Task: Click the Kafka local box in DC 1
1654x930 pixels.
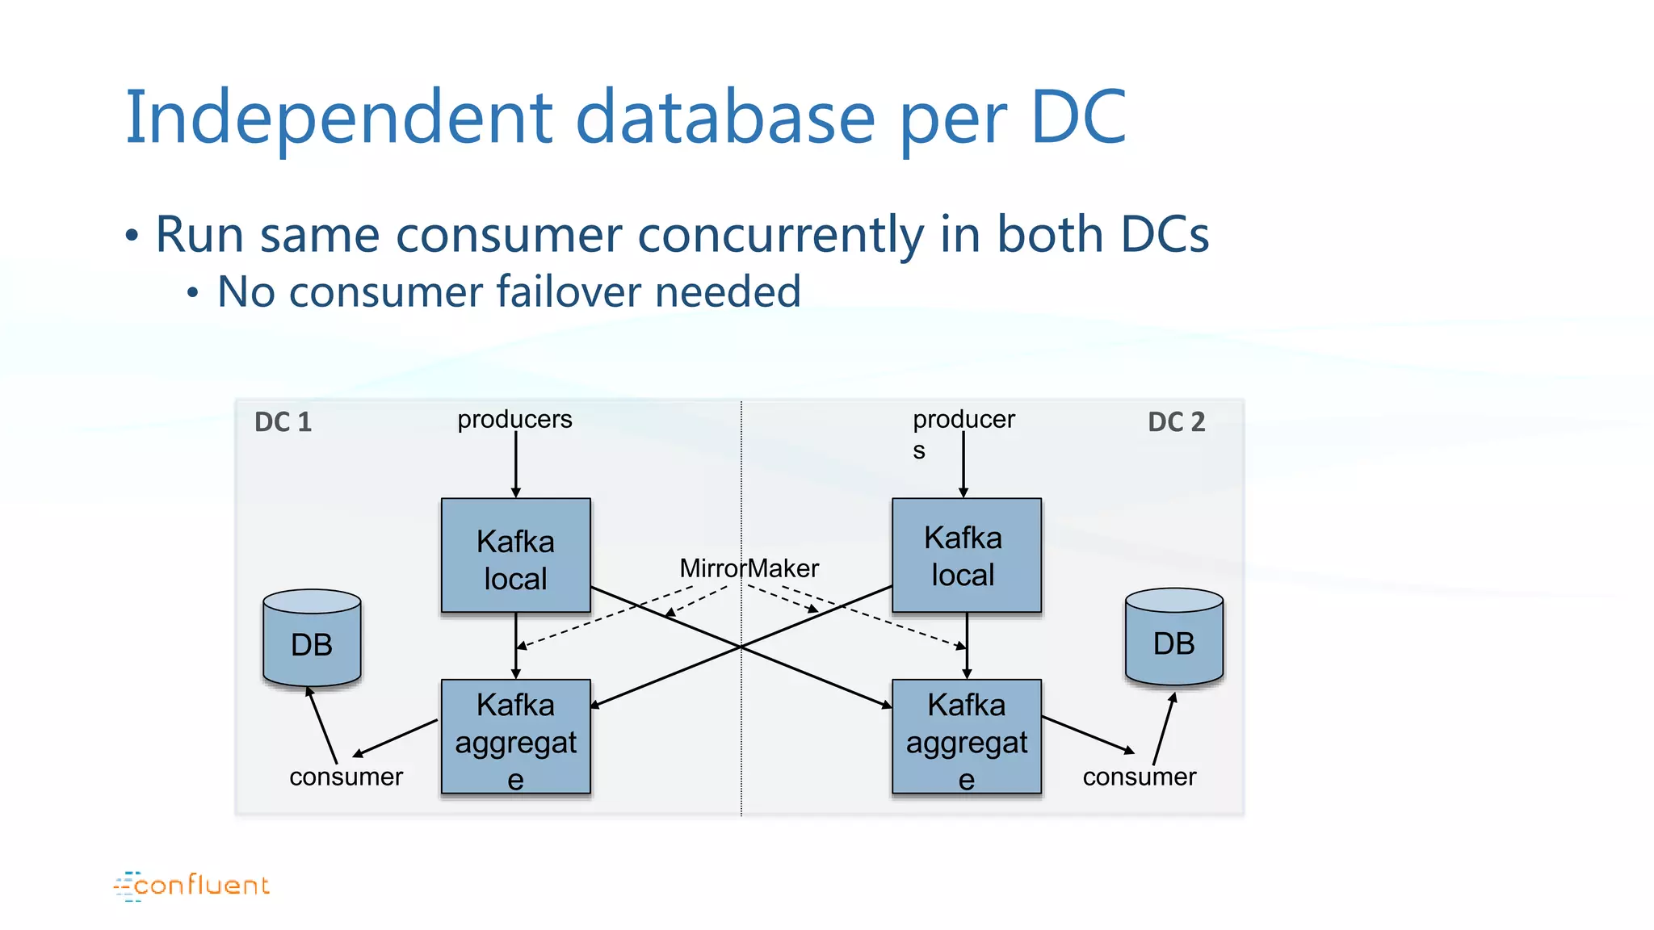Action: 515,555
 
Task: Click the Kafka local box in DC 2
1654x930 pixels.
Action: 966,555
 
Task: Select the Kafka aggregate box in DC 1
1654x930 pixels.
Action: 515,737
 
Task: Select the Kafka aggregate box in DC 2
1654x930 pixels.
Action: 966,737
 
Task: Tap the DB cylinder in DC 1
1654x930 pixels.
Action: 312,642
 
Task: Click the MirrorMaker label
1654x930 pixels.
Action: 749,568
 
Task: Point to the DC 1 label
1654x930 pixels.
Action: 283,422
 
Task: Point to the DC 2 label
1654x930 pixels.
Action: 1176,422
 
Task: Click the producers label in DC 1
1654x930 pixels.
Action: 514,420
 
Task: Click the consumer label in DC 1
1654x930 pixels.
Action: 346,777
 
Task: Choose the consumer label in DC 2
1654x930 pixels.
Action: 1139,777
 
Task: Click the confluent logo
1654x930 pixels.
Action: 192,886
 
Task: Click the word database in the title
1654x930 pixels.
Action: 724,118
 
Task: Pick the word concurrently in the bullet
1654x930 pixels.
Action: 780,235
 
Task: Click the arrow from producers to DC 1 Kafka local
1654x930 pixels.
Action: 515,464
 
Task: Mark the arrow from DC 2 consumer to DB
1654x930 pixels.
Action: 1164,729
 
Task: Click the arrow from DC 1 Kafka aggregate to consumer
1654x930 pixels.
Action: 396,738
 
